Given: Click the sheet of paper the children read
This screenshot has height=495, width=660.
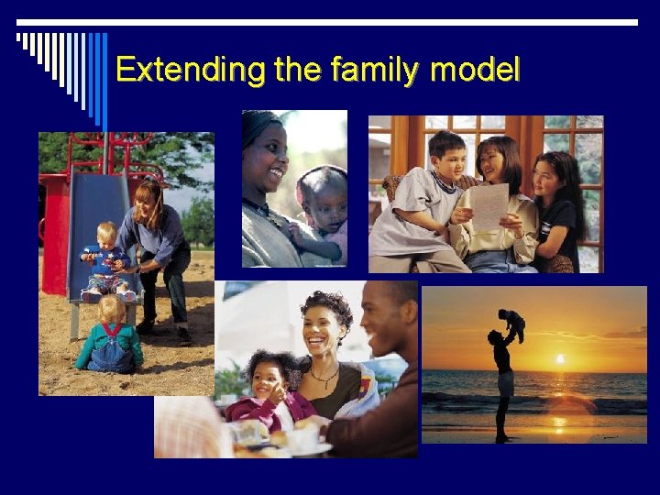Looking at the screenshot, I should pyautogui.click(x=489, y=206).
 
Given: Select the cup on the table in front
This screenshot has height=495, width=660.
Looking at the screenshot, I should pyautogui.click(x=302, y=439).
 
